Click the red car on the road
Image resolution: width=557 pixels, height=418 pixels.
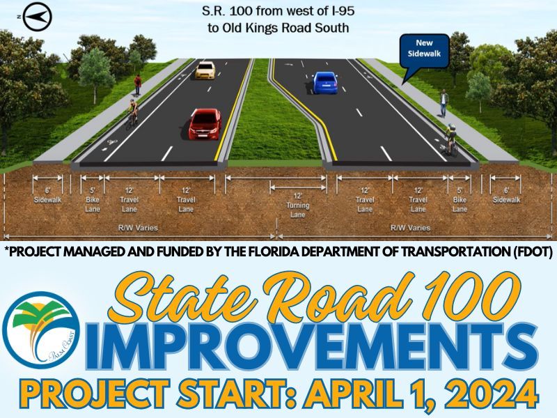click(205, 123)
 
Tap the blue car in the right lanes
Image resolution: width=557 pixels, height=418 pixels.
click(325, 83)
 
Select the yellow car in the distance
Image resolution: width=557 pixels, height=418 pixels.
click(205, 70)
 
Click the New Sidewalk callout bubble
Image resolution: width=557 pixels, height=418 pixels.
click(424, 47)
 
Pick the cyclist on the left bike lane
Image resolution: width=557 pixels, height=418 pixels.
click(130, 113)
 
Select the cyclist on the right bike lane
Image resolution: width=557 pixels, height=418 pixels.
click(451, 138)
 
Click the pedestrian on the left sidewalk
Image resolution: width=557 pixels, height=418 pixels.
click(138, 84)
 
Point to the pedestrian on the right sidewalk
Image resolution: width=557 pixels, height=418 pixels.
click(443, 103)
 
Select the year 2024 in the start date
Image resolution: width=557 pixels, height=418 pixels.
click(487, 394)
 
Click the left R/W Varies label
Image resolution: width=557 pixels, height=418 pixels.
click(137, 228)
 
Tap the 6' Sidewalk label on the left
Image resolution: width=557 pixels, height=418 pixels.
click(48, 195)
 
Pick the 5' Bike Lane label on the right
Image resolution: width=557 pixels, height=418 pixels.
click(460, 199)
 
